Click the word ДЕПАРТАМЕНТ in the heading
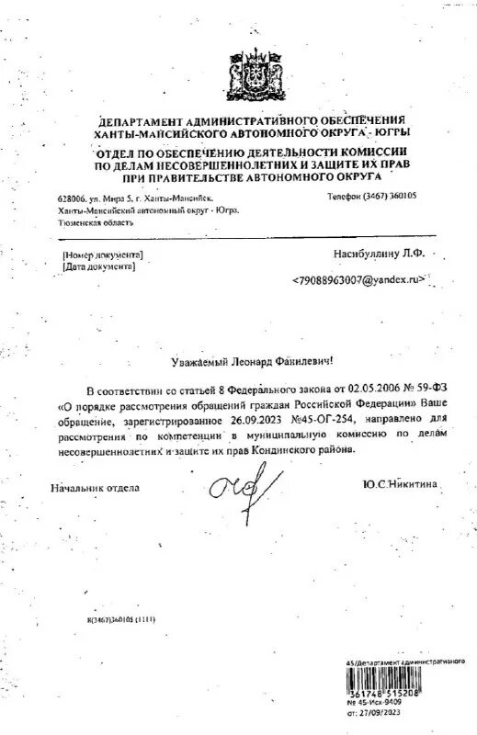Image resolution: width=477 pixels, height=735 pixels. (140, 121)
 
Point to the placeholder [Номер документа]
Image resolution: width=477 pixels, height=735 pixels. (102, 252)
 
